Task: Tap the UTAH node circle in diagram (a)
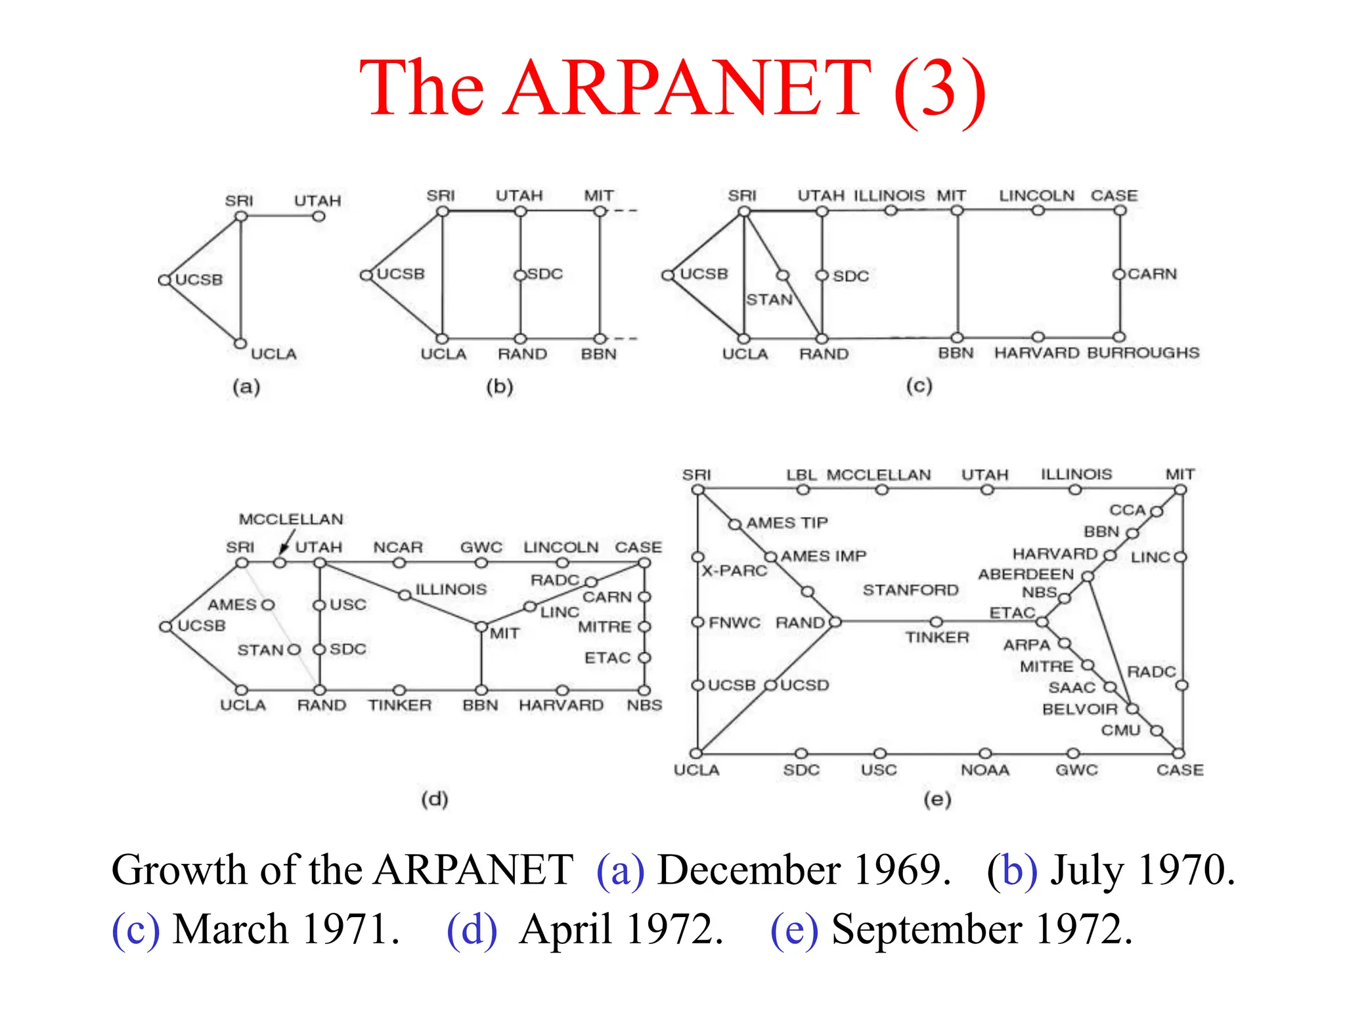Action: point(319,216)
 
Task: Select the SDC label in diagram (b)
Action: point(545,274)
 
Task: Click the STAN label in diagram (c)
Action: point(769,300)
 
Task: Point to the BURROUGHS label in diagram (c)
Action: point(1143,353)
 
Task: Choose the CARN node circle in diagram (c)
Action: point(1119,274)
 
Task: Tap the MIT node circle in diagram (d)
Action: point(481,627)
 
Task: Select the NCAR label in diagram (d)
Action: point(398,547)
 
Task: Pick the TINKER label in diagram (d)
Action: point(399,706)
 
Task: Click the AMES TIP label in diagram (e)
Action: point(787,523)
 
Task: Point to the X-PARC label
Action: point(734,571)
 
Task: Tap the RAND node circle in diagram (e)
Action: point(835,621)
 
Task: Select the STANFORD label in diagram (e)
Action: point(910,591)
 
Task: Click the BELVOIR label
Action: point(1080,709)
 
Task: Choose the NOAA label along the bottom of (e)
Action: point(984,770)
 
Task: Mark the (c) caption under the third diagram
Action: point(919,386)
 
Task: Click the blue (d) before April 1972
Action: point(472,930)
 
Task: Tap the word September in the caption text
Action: point(926,930)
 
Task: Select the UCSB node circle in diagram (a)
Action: point(164,280)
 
